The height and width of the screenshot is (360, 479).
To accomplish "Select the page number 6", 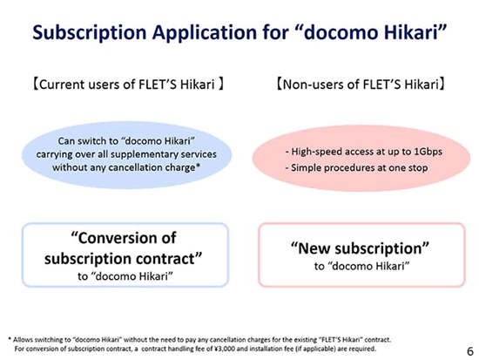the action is pyautogui.click(x=470, y=351).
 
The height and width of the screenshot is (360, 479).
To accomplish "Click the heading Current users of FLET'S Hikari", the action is pyautogui.click(x=128, y=85).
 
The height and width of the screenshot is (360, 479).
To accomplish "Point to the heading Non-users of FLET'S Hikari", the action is pyautogui.click(x=361, y=85).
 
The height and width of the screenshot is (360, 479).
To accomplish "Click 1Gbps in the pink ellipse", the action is pyautogui.click(x=428, y=152).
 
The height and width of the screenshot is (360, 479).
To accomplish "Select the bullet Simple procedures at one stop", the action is pyautogui.click(x=356, y=168).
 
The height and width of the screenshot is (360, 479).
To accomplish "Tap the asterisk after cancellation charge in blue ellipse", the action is pyautogui.click(x=198, y=166).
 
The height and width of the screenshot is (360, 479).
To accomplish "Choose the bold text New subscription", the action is pyautogui.click(x=361, y=248).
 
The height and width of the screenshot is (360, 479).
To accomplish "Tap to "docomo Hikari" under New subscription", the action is pyautogui.click(x=361, y=266).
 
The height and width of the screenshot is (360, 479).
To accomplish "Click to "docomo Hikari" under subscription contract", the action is pyautogui.click(x=125, y=276).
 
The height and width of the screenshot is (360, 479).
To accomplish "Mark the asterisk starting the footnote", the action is pyautogui.click(x=10, y=338).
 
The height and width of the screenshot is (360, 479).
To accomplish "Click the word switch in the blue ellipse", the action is pyautogui.click(x=89, y=141).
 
